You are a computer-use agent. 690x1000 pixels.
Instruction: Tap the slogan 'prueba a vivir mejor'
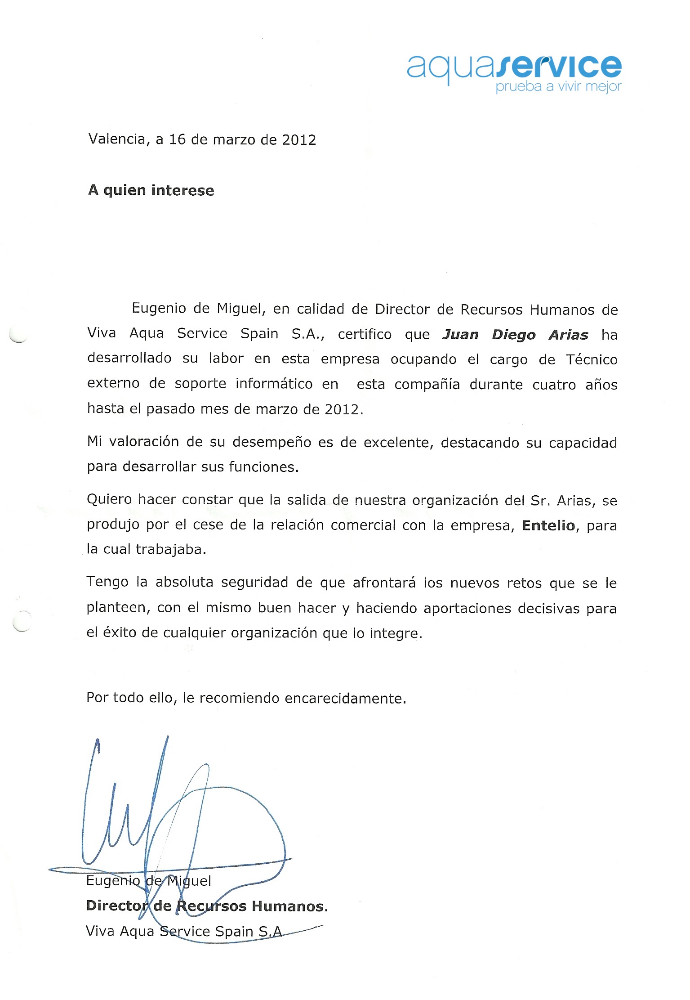pos(558,86)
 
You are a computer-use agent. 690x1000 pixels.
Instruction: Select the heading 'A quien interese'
pos(151,190)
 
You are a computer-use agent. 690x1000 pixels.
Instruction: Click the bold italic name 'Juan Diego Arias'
pos(515,335)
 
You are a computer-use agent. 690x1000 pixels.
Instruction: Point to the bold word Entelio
pos(548,525)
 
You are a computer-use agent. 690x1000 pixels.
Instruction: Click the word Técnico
pos(592,359)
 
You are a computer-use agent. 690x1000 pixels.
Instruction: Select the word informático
pos(274,384)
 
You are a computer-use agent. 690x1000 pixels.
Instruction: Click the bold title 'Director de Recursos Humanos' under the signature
pos(206,906)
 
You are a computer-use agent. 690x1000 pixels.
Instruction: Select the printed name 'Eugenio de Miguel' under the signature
pos(148,880)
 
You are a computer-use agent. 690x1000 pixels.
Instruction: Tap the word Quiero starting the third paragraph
pos(109,499)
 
